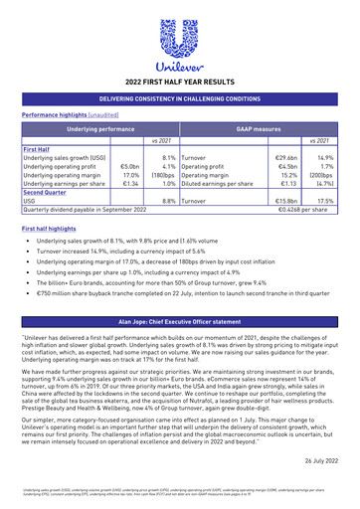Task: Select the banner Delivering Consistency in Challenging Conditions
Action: click(180, 99)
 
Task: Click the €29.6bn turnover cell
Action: click(286, 157)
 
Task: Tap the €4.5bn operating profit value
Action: click(287, 166)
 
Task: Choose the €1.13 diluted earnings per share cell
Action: click(288, 184)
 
